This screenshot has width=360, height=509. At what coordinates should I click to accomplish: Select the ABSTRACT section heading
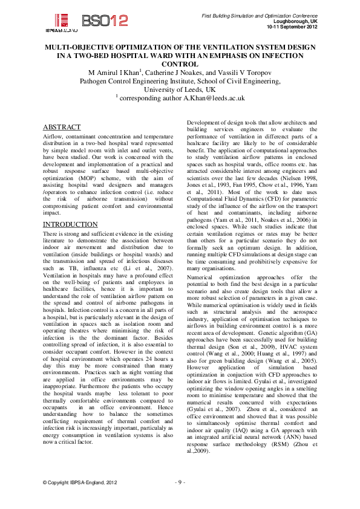coord(61,127)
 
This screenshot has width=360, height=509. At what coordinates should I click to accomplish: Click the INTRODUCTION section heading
coord(70,207)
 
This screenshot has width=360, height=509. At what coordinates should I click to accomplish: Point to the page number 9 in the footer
coord(180,499)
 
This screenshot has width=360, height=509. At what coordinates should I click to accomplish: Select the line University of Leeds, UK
coord(180,88)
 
